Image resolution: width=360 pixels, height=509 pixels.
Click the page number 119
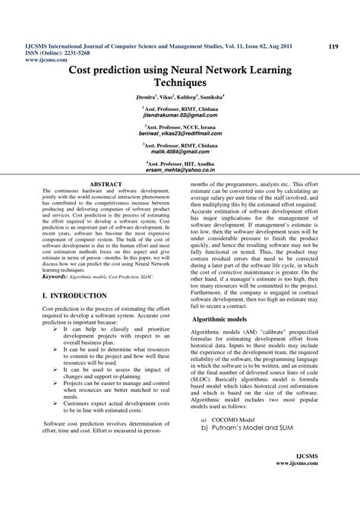click(332, 47)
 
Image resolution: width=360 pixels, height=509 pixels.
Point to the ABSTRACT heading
click(105, 184)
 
